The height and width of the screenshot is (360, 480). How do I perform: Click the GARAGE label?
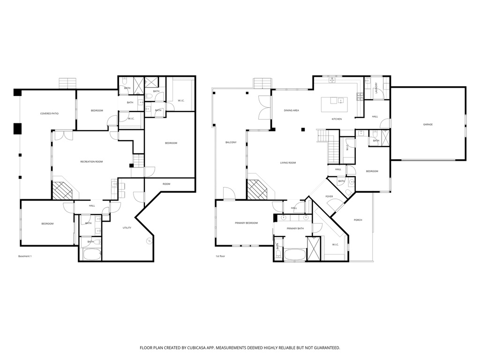(x=427, y=124)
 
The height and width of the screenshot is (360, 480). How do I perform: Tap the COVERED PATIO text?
(x=49, y=113)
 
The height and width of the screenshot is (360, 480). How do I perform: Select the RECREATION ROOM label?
(x=91, y=162)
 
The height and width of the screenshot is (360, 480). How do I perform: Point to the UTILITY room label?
(x=127, y=228)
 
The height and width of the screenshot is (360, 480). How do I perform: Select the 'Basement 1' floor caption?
(x=24, y=256)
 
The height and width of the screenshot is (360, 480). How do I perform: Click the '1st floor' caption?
(x=220, y=256)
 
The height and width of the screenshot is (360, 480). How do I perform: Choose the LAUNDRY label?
(x=376, y=88)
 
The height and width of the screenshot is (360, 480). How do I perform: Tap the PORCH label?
(x=358, y=220)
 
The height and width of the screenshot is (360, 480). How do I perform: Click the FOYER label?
(x=329, y=196)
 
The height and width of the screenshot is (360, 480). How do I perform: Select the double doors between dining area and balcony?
(x=264, y=107)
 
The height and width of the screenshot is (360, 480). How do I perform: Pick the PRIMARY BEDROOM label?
(x=246, y=223)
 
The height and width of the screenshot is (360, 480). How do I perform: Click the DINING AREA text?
(x=291, y=111)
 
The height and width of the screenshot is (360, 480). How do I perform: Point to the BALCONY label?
(x=231, y=142)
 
